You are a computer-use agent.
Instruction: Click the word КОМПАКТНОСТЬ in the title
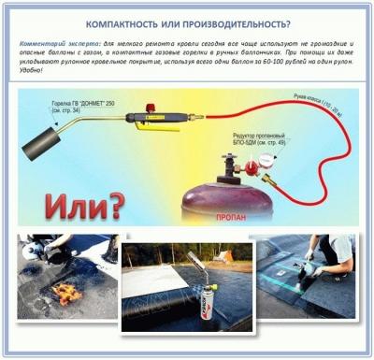[x=131, y=23]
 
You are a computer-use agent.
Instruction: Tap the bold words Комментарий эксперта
[x=48, y=44]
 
